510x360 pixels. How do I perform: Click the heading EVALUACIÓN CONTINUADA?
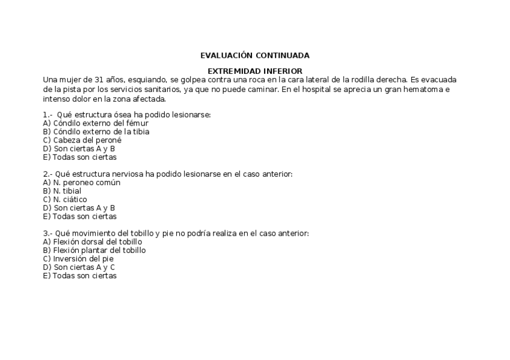point(254,55)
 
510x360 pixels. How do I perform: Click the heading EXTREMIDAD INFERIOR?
point(254,71)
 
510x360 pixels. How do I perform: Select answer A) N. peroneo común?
point(81,182)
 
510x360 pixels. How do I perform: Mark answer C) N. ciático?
point(65,199)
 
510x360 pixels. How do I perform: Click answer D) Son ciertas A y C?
point(79,267)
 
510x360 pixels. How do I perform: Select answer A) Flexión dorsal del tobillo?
point(93,242)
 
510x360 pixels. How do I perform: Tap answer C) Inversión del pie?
point(78,258)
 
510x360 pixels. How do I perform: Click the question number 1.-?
point(48,115)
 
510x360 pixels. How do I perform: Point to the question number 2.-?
point(48,174)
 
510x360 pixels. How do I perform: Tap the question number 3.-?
point(48,233)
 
